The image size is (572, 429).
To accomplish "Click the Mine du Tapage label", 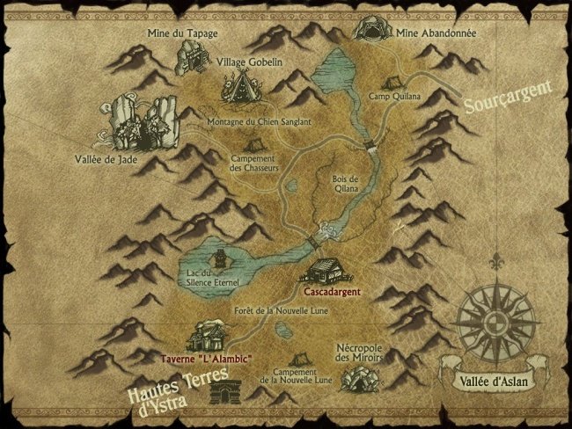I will [x=183, y=33].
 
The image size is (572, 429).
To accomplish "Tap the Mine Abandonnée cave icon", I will [x=370, y=30].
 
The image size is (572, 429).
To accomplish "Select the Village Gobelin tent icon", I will [x=237, y=87].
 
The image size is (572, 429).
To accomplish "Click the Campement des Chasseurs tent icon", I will [x=253, y=145].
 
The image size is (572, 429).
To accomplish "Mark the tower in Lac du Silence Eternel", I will [x=217, y=261].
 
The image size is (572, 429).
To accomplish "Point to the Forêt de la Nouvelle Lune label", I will [x=278, y=312].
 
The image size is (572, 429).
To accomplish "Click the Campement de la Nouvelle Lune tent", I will [x=300, y=360].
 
